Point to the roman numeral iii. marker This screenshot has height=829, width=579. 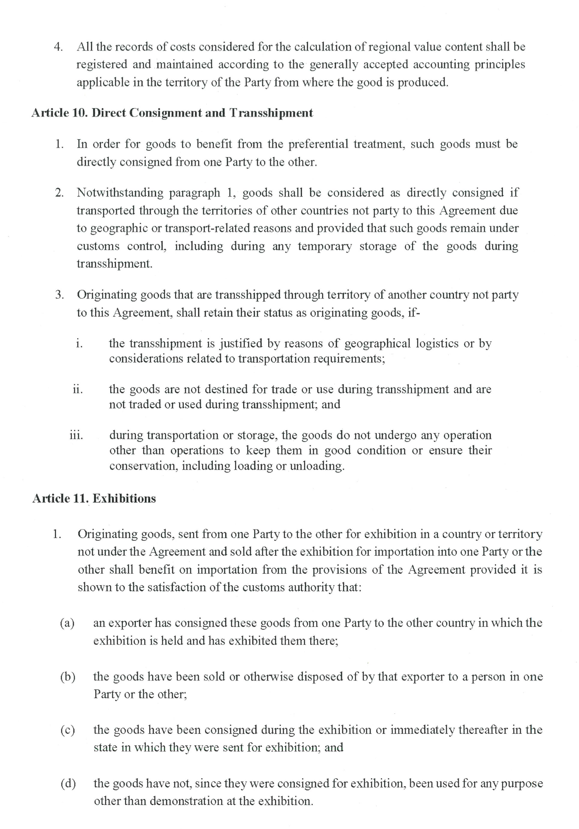(76, 435)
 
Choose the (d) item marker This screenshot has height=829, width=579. (68, 784)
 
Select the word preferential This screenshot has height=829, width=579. (318, 144)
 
